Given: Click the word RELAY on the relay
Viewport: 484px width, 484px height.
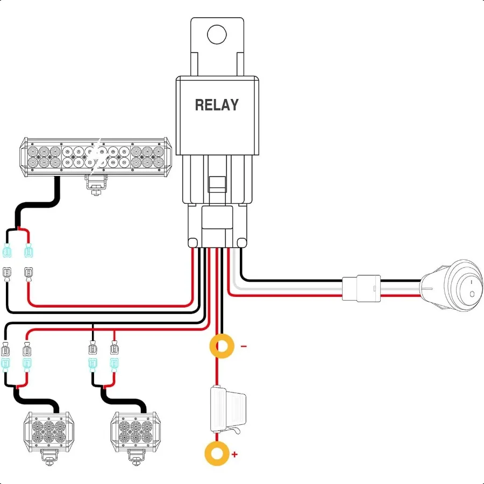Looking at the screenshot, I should pos(216,105).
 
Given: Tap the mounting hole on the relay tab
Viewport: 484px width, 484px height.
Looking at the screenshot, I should pos(217,34).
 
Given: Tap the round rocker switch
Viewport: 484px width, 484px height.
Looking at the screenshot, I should pos(452,285).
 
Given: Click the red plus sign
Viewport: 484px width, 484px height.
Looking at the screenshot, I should pos(234,454).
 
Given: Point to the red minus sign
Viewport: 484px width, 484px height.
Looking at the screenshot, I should pos(244,346).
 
